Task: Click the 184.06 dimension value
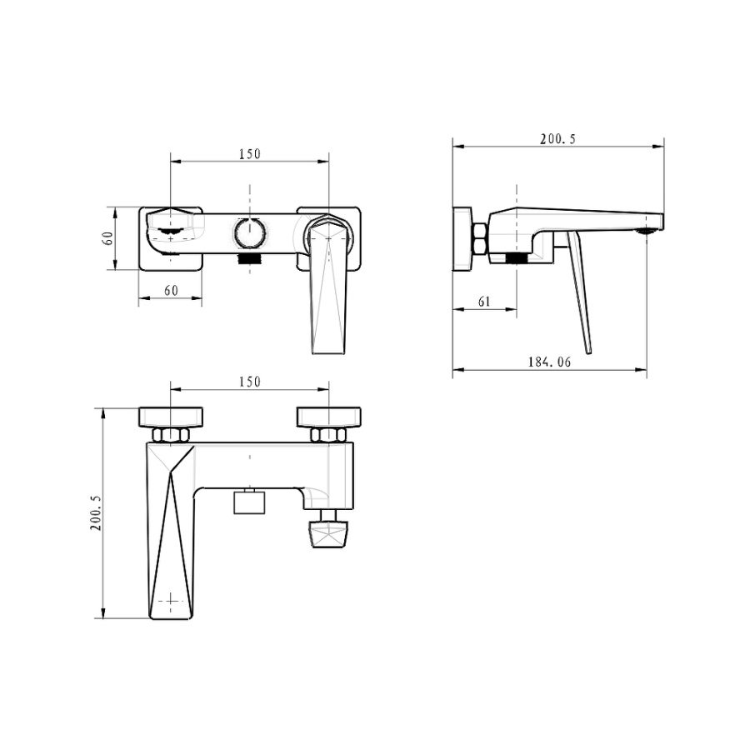click(x=550, y=362)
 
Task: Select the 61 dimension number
click(x=484, y=302)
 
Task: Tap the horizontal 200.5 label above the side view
click(x=558, y=139)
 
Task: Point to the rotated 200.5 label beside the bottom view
click(x=96, y=512)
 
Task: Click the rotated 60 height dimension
click(x=108, y=238)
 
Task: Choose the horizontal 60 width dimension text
click(x=171, y=290)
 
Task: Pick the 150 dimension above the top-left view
click(x=250, y=154)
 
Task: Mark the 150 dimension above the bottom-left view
click(x=250, y=382)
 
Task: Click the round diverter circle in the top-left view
click(x=250, y=233)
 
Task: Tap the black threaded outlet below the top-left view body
click(x=250, y=259)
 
